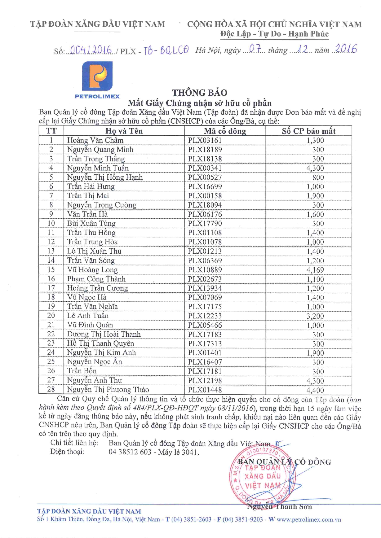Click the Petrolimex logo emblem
97,76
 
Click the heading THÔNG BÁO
200,93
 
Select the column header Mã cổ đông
225,131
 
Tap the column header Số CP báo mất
308,131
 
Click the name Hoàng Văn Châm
95,140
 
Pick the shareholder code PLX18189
205,150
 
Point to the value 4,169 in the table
315,270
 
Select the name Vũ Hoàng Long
92,270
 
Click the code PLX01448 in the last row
205,390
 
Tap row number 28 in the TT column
51,389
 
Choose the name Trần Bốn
82,371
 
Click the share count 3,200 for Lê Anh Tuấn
315,316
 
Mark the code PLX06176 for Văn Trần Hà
205,214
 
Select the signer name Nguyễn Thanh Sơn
279,507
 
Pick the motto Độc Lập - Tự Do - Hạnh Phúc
274,34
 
